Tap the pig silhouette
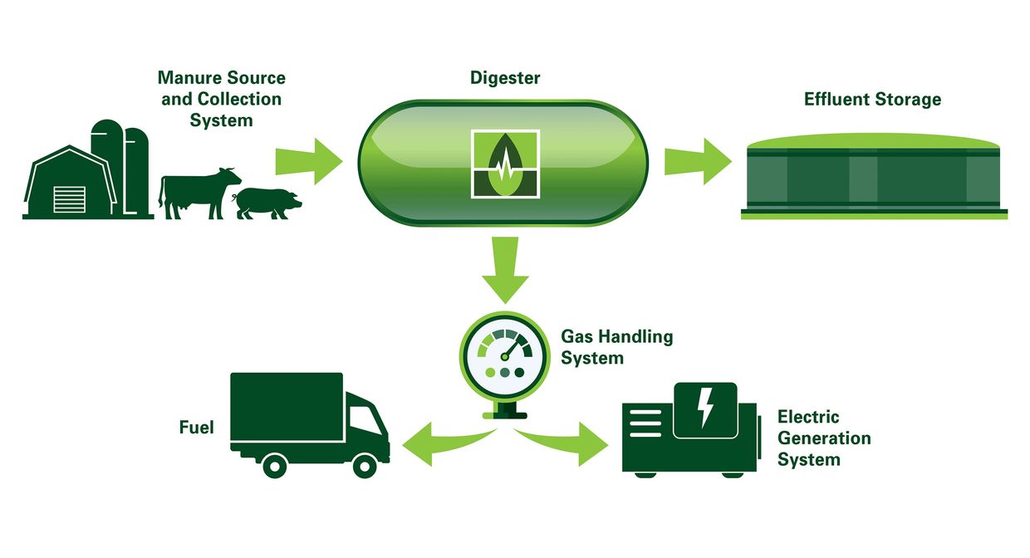266,202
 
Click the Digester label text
504,79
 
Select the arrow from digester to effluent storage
697,158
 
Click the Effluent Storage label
872,100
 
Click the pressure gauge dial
502,353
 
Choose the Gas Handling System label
616,347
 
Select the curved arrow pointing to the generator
570,440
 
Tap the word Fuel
197,428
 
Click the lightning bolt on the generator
704,407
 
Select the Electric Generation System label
823,438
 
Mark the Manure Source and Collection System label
221,99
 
